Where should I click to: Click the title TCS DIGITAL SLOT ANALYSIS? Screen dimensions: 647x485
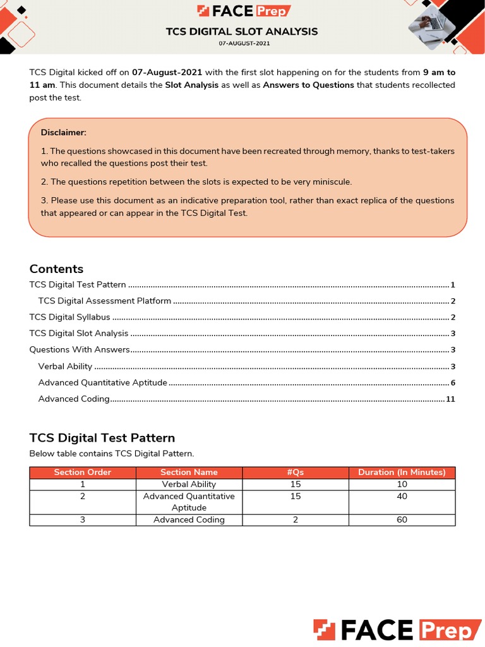[x=242, y=31]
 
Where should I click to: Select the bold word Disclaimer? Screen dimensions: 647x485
[x=63, y=132]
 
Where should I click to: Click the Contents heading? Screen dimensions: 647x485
[x=56, y=269]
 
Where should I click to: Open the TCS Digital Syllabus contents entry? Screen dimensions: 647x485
[x=69, y=317]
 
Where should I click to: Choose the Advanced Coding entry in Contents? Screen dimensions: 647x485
[x=74, y=399]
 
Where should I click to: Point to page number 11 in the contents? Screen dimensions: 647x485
[x=450, y=399]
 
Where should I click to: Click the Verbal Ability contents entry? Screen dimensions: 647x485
[x=65, y=366]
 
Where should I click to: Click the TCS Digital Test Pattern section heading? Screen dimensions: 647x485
[x=102, y=438]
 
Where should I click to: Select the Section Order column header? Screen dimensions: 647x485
[x=83, y=472]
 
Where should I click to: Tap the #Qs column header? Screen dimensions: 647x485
[x=296, y=472]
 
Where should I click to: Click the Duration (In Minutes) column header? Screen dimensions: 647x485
[x=402, y=472]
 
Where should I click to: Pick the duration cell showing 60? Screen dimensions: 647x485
[x=402, y=519]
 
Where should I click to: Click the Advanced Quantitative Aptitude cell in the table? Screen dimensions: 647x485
[x=189, y=502]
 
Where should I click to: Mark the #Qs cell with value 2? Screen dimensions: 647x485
[x=296, y=519]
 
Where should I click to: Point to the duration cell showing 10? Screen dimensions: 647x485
[x=402, y=484]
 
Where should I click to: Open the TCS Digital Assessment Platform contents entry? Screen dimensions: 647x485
[x=104, y=301]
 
